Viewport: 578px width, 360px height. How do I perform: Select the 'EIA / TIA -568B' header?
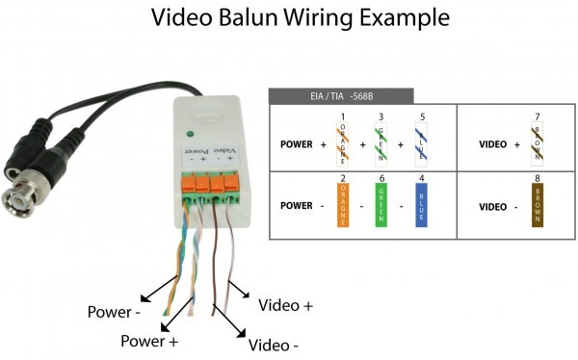pos(340,96)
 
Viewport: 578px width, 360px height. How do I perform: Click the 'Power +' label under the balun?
pos(149,341)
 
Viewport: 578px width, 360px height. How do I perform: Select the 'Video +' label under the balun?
pos(286,305)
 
